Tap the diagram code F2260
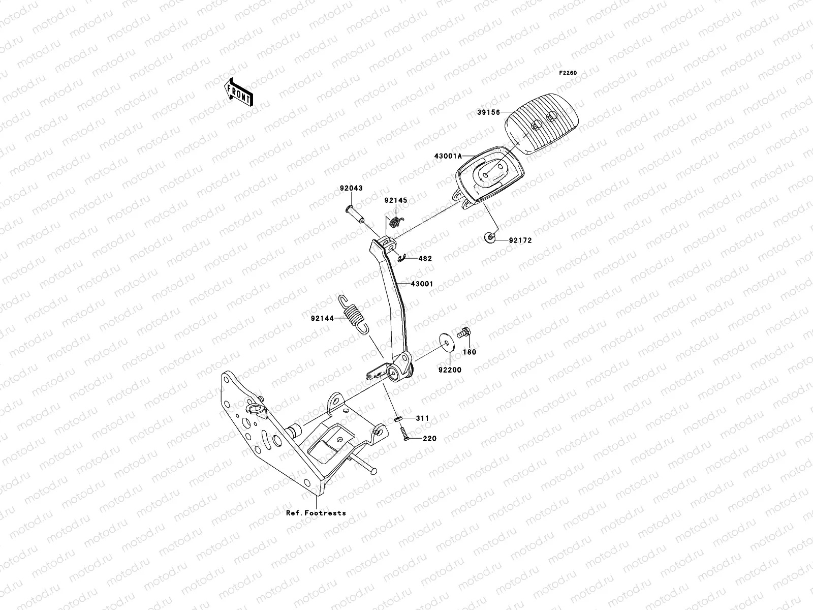click(x=568, y=73)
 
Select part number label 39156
click(x=488, y=112)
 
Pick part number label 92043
click(x=351, y=188)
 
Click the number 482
click(x=425, y=259)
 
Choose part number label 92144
click(x=323, y=319)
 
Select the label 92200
click(x=450, y=370)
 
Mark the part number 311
click(x=422, y=418)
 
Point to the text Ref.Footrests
click(x=316, y=513)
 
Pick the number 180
click(x=470, y=352)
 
